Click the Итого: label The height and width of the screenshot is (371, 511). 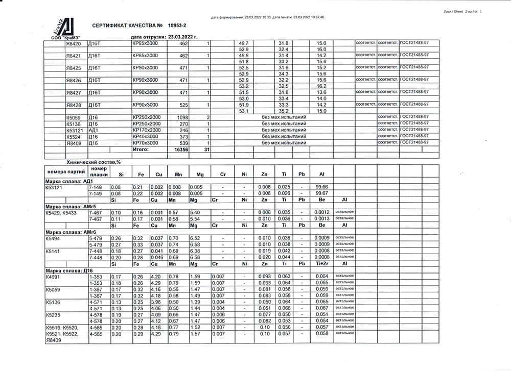tap(141, 150)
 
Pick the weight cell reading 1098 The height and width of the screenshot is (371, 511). tap(182, 117)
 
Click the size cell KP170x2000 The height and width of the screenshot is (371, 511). tap(147, 130)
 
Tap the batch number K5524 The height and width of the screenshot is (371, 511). tap(74, 137)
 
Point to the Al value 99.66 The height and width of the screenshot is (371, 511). tap(322, 187)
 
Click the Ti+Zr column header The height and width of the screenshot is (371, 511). tap(322, 264)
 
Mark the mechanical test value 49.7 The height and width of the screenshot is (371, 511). tap(243, 43)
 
